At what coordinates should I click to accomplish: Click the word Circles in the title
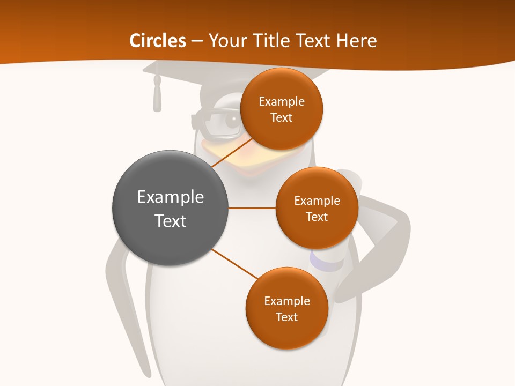pos(157,41)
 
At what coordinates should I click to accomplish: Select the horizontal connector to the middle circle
pos(252,208)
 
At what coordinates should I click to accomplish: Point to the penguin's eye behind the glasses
pos(234,120)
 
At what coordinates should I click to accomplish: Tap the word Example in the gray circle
pos(171,197)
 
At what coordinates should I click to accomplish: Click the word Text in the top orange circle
pos(281,118)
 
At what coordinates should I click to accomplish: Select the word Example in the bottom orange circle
pos(286,301)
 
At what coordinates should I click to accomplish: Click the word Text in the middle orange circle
pos(317,217)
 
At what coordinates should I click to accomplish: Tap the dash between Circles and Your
pos(197,41)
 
